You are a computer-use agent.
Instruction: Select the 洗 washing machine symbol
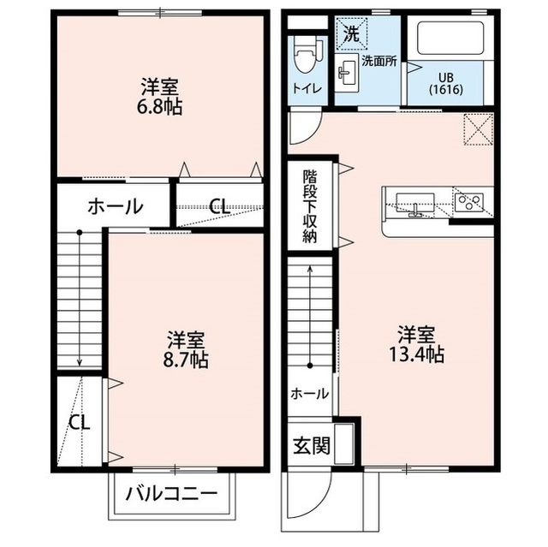(351, 34)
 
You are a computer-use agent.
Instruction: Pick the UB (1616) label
(444, 83)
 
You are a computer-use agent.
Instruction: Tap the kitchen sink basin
(415, 202)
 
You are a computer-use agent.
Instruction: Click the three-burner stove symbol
(468, 202)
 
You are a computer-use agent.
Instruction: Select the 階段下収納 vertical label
(310, 206)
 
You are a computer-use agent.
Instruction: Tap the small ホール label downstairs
(308, 394)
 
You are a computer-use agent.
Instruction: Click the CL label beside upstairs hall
(219, 205)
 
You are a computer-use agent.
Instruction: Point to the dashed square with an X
(477, 128)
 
